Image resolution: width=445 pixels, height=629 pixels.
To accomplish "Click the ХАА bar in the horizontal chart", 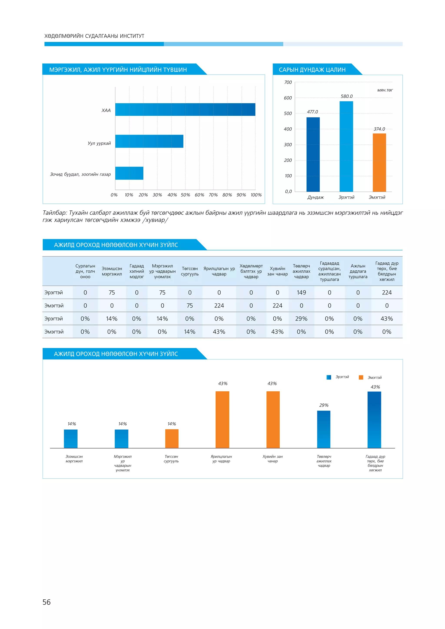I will coord(185,110).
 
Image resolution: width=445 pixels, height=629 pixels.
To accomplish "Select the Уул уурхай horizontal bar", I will coord(149,141).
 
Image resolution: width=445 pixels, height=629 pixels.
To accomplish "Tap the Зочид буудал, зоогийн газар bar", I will coord(129,173).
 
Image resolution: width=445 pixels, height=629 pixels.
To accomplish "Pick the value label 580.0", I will coord(347,96).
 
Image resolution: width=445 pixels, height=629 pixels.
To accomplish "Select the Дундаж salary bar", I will coord(313,154).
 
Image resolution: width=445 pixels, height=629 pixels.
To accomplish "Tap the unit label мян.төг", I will coord(385,90).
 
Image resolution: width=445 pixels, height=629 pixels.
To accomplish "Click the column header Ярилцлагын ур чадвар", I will coord(219,271).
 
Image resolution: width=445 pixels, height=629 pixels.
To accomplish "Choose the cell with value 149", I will coord(301,293).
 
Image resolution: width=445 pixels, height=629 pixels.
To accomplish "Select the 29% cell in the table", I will coord(301,319).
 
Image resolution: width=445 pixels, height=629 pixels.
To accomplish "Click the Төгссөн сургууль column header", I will coord(190,271).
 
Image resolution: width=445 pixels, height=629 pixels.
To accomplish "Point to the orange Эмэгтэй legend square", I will coord(361,377).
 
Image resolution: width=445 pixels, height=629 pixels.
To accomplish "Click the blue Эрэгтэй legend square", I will coord(329,377).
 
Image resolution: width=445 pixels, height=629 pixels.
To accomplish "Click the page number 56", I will coord(46,602).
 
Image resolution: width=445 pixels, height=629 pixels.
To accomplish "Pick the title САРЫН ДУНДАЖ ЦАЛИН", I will coord(312,70).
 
